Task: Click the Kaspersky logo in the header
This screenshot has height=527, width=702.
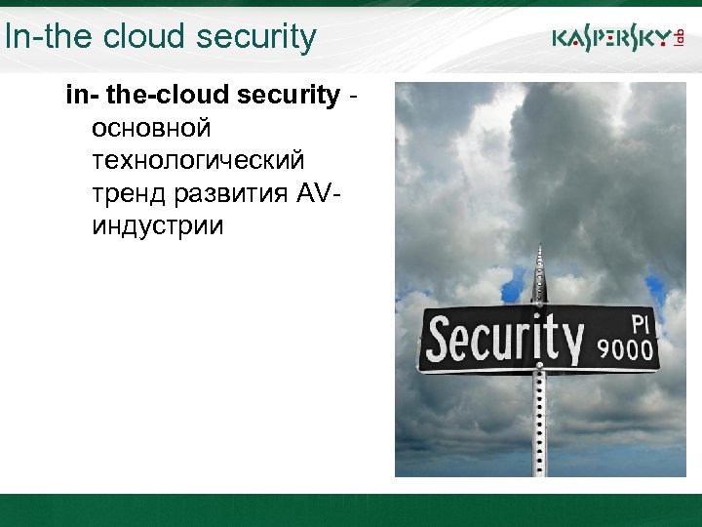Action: [610, 39]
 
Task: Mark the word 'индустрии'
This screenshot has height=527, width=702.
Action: [157, 227]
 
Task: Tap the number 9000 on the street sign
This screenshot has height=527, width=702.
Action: [625, 348]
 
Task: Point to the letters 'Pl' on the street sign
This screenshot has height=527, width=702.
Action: [639, 321]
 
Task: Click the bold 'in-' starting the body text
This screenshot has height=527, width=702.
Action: [81, 95]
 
